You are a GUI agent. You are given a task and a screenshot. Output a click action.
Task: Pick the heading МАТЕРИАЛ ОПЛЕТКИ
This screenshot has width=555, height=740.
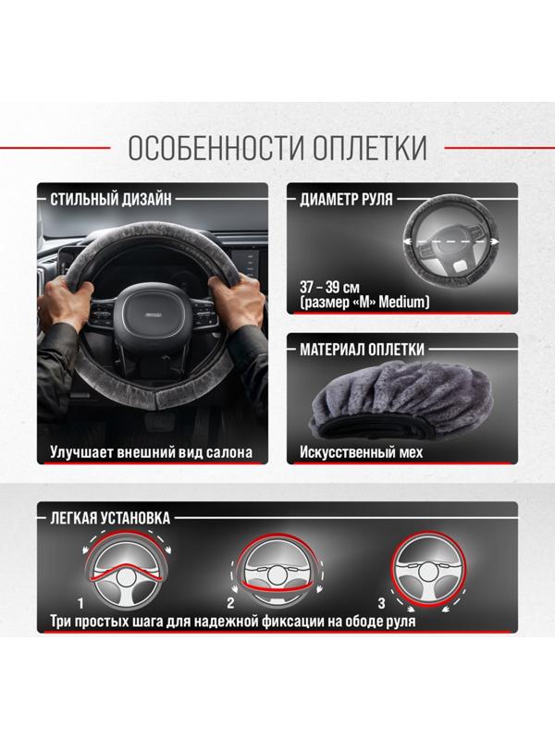pyautogui.click(x=362, y=350)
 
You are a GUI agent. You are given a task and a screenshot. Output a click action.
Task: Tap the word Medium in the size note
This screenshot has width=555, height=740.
pyautogui.click(x=404, y=302)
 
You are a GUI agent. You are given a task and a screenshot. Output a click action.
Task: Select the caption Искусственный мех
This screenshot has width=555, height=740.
pyautogui.click(x=361, y=453)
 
